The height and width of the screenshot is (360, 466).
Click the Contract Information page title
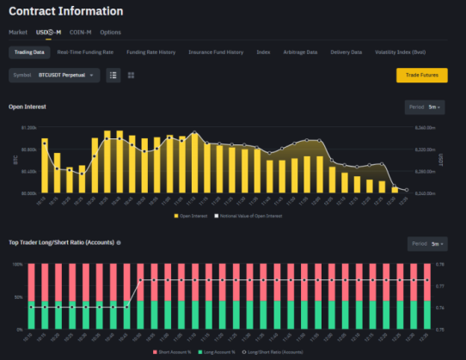click(x=65, y=11)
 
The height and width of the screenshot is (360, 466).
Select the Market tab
click(x=18, y=32)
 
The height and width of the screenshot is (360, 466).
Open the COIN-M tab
click(x=80, y=32)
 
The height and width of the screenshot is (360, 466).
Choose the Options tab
click(x=110, y=32)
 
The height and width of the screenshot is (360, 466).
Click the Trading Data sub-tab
click(x=28, y=52)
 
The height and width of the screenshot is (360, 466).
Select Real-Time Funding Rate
click(x=84, y=52)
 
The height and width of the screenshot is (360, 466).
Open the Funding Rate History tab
click(x=150, y=52)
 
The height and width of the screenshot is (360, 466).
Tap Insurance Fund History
click(x=216, y=52)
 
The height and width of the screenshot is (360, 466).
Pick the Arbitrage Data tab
click(x=300, y=52)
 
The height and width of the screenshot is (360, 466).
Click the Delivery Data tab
click(x=346, y=52)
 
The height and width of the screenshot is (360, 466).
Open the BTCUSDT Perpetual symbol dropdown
click(x=54, y=76)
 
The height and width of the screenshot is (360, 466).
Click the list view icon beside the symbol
click(x=113, y=76)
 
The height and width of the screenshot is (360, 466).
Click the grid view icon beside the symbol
click(x=131, y=76)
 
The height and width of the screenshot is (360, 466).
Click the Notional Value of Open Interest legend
click(x=250, y=216)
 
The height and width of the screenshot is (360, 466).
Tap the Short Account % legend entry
click(x=176, y=352)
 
